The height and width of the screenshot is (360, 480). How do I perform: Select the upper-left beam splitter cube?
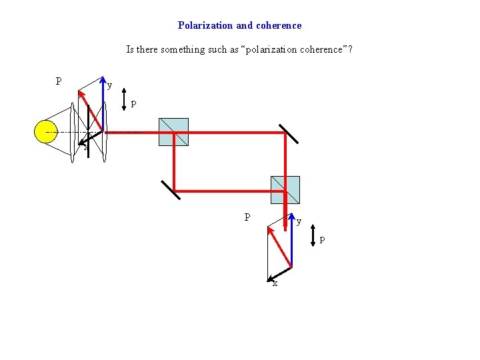pos(173,131)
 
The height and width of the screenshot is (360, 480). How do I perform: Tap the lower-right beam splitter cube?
pos(285,189)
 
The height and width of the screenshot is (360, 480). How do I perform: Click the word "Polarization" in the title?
pos(205,25)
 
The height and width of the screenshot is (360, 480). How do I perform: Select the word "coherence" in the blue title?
pos(279,25)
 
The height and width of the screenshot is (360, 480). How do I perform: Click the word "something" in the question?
pos(187,49)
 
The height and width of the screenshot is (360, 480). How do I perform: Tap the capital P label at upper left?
pos(59,81)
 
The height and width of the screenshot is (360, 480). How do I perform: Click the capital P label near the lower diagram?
pos(247,217)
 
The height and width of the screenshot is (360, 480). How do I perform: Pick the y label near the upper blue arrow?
pos(110,85)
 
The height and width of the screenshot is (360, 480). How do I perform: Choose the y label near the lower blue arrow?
pos(299,221)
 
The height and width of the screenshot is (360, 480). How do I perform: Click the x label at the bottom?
pos(274,283)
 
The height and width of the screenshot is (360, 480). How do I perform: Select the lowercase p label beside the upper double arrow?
pos(134,103)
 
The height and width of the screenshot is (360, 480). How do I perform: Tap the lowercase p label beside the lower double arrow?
pos(323,239)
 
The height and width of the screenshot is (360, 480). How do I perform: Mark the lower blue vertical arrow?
pos(291,240)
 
